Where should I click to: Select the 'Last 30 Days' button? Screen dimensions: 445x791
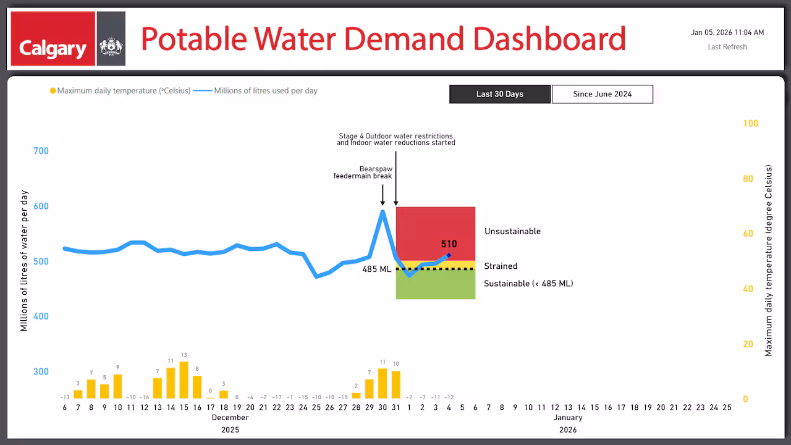coord(499,94)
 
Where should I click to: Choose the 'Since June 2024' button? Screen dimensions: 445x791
coord(602,94)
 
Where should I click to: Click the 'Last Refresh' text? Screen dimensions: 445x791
coord(727,47)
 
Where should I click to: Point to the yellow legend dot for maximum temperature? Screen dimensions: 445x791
coord(53,91)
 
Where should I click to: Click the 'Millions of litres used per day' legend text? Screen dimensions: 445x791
coord(266,91)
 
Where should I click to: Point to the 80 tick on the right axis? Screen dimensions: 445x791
coord(749,179)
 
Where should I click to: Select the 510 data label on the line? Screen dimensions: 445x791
coord(449,244)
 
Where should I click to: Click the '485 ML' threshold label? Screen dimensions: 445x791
coord(376,269)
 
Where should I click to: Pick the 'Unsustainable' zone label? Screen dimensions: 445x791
coord(512,231)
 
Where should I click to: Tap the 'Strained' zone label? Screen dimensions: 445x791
coord(501,266)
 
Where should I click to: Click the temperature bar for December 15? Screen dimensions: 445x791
coord(184,380)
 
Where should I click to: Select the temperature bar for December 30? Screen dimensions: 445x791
coord(383,383)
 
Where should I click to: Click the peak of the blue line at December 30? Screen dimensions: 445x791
coord(383,211)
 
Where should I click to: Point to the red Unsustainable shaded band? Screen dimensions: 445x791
coord(435,229)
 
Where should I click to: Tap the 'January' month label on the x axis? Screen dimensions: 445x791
coord(567,417)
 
